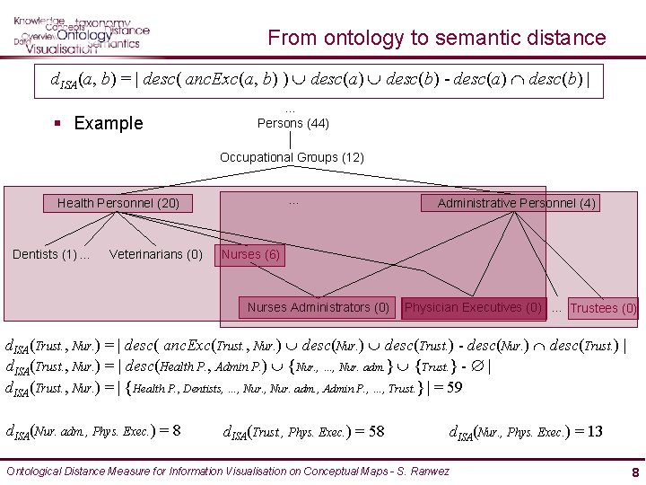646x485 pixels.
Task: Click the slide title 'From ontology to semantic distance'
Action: tap(437, 38)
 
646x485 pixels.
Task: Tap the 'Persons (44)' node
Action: tap(292, 123)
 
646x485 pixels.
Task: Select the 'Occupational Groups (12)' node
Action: tap(292, 157)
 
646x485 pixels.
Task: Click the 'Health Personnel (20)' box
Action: tap(118, 203)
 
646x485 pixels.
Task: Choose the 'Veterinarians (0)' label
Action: tap(156, 254)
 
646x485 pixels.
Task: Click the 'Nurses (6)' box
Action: tap(250, 254)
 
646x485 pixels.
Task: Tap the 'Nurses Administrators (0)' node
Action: tap(319, 307)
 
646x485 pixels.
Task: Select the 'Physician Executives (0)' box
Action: tap(473, 307)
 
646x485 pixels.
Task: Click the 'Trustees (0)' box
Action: tap(604, 308)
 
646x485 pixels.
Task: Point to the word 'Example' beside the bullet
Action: tap(108, 123)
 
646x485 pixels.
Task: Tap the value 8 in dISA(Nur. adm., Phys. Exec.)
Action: tap(175, 431)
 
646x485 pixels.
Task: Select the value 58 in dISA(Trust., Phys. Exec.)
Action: tap(375, 431)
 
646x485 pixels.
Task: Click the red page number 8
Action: tap(634, 472)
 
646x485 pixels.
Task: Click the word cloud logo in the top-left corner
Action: tap(81, 34)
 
